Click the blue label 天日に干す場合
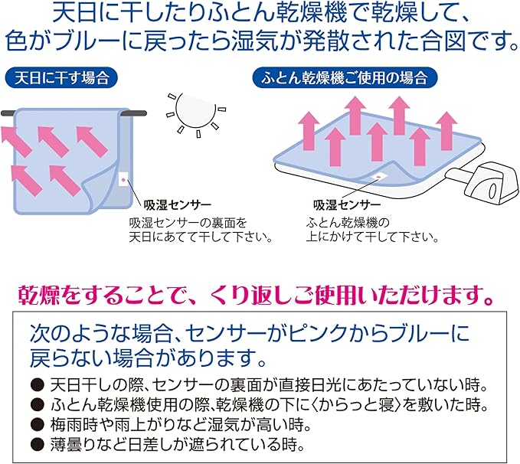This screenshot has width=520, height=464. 60,77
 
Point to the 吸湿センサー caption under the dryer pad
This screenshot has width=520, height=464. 346,206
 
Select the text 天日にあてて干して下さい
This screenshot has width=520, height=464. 201,236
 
